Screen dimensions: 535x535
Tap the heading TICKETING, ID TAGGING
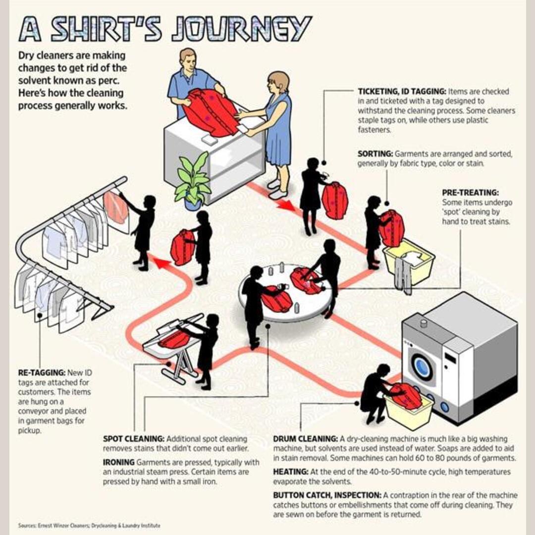[402, 92]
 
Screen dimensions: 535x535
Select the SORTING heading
[375, 154]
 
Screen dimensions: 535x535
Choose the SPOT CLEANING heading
[133, 439]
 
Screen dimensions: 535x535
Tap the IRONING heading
[118, 462]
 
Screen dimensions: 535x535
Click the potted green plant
[193, 179]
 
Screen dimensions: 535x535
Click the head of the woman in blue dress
[278, 82]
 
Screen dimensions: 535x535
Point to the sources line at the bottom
[89, 525]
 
